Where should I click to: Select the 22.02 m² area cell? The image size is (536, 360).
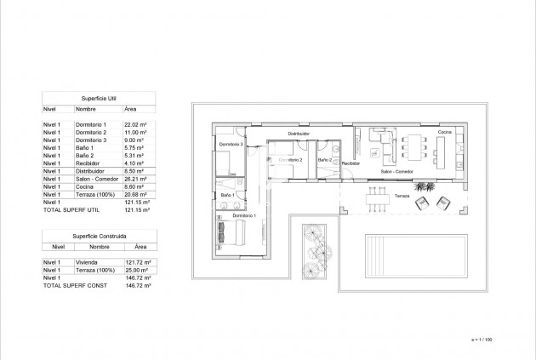click(137, 124)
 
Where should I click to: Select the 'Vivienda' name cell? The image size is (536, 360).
click(87, 263)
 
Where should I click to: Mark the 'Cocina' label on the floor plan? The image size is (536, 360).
click(445, 133)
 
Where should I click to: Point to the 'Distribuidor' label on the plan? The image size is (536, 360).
click(298, 134)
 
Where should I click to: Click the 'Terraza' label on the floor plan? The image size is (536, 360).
click(401, 195)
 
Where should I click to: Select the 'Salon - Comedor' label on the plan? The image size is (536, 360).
click(397, 173)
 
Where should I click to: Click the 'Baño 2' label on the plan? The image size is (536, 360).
click(324, 159)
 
